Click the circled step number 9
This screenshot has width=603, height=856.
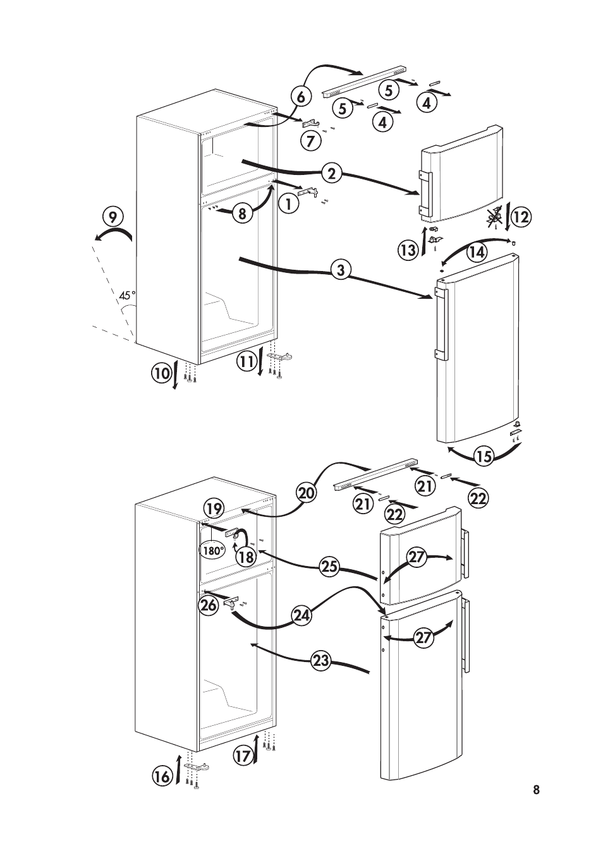click(x=112, y=217)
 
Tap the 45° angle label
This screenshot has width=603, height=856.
click(x=127, y=295)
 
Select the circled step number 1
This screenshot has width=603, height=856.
click(x=288, y=203)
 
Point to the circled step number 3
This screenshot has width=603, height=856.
click(x=341, y=270)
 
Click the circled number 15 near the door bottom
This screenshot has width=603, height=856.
click(x=484, y=456)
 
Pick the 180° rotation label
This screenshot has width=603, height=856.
click(x=214, y=550)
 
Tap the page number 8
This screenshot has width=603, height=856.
click(x=536, y=790)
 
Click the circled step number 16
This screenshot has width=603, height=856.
click(x=162, y=776)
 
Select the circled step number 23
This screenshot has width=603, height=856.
click(x=321, y=661)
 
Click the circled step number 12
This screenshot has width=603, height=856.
click(x=520, y=217)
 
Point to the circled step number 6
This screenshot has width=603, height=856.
click(x=301, y=97)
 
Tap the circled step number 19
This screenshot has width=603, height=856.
click(x=214, y=509)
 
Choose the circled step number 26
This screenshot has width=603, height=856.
click(x=208, y=605)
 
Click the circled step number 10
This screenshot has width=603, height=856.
click(x=161, y=373)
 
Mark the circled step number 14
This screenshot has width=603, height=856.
click(x=477, y=252)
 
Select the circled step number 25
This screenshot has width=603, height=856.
click(x=329, y=567)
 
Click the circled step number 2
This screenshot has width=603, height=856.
click(x=331, y=172)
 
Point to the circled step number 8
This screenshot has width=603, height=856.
click(x=242, y=214)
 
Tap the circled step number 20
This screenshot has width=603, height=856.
click(x=306, y=493)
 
